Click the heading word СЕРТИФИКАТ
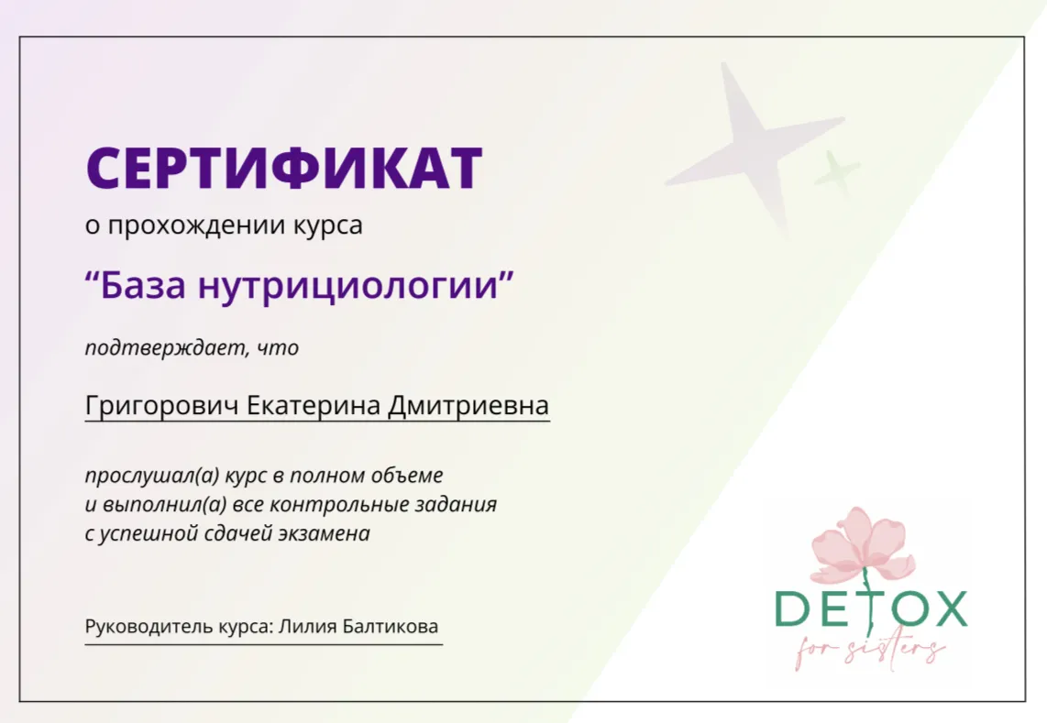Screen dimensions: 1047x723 pos(284,168)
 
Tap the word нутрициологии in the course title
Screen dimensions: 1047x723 pos(348,287)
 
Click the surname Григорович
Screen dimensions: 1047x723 pos(161,405)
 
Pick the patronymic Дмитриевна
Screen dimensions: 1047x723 pos(468,405)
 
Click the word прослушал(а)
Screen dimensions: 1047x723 pos(151,476)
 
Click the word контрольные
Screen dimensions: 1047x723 pos(337,505)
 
